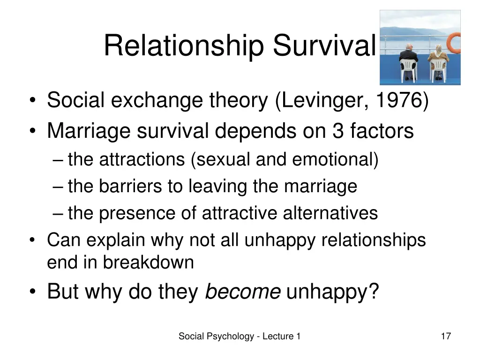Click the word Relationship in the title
[186, 45]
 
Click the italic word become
[243, 292]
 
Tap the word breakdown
[148, 262]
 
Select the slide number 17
[446, 336]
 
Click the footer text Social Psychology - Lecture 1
[239, 336]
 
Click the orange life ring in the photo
[454, 44]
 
